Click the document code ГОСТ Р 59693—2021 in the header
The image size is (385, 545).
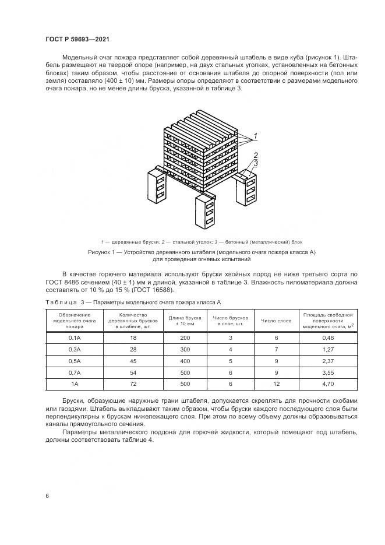77,39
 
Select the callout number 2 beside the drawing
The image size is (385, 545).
255,155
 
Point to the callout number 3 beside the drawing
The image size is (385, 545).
255,163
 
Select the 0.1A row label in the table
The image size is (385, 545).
74,337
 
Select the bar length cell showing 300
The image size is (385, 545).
185,350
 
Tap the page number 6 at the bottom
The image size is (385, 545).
47,495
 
